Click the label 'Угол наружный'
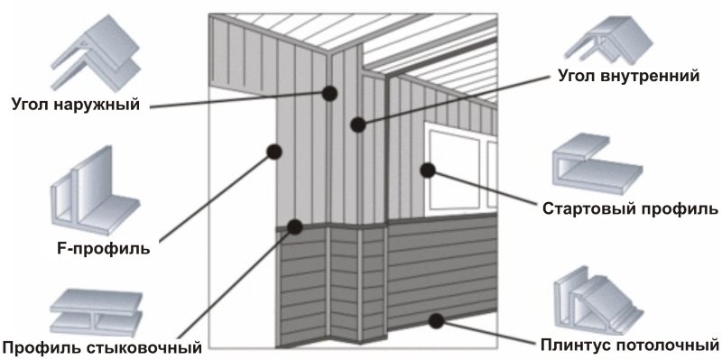coord(75,105)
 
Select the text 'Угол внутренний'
coord(628,76)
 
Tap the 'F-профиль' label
coord(104,249)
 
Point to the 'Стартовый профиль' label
coord(630,209)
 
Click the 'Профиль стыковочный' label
coord(102,346)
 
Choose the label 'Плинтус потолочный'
coord(629,345)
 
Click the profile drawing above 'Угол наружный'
coord(96,53)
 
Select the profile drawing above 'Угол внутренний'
coord(608,42)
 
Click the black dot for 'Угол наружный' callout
coord(329,94)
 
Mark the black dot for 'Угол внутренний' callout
coord(357,125)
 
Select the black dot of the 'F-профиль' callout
coord(274,152)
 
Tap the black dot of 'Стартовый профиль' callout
coord(428,170)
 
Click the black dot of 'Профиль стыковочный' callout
coord(295,226)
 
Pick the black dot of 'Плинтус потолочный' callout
coord(436,320)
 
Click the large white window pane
coord(455,170)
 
